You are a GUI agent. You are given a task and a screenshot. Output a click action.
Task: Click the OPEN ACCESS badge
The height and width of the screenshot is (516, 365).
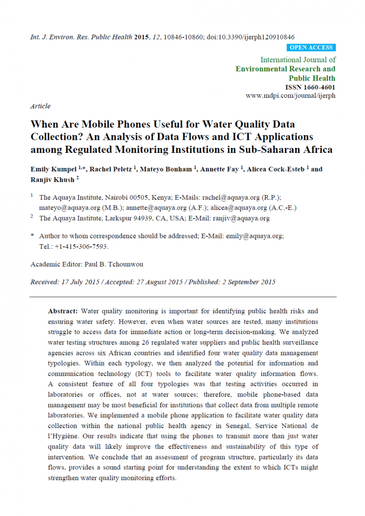[311, 48]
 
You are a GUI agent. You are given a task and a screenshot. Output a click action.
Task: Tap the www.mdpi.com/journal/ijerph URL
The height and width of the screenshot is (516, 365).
[290, 96]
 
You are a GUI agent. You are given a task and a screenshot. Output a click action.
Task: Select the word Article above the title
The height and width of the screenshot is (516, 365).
[41, 106]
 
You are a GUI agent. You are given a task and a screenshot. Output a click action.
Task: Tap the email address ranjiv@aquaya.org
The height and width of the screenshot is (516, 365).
[241, 218]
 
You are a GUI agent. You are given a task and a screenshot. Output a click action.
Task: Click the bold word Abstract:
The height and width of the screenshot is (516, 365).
[63, 310]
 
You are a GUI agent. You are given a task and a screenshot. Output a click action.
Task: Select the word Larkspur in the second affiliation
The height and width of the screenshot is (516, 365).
[119, 218]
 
